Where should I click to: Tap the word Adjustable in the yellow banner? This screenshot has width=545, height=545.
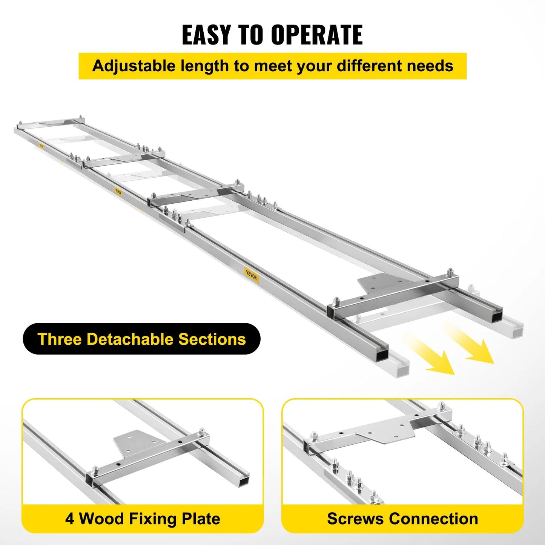[134, 66]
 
